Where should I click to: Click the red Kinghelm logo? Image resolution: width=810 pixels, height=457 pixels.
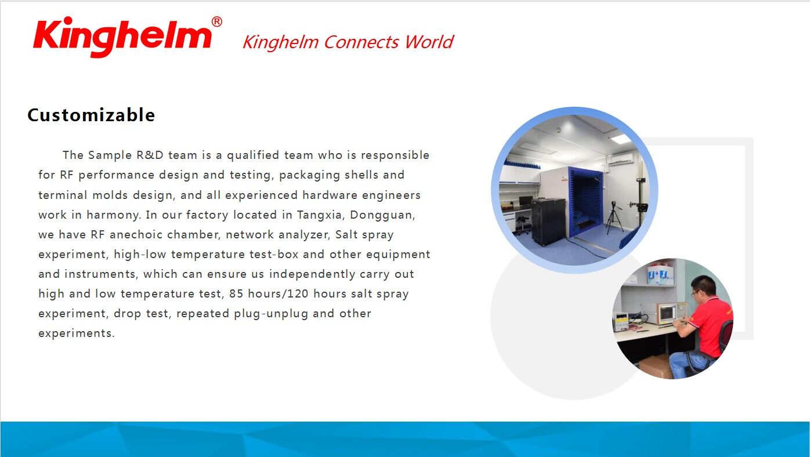click(123, 36)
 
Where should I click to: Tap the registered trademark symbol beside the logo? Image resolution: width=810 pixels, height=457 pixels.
click(216, 21)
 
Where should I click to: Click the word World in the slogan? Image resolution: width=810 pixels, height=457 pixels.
click(429, 42)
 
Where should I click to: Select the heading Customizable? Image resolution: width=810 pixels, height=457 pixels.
click(91, 115)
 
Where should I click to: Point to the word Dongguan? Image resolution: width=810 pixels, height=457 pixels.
click(382, 215)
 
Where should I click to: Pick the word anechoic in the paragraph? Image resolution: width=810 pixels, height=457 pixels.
click(136, 235)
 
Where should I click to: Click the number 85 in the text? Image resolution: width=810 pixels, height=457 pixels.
click(236, 293)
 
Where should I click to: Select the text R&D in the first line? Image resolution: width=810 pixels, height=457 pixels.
click(150, 155)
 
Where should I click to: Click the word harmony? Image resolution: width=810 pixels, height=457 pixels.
click(114, 215)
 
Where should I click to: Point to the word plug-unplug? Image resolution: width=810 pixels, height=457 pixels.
click(271, 314)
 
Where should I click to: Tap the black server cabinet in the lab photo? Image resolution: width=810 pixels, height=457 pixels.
click(548, 222)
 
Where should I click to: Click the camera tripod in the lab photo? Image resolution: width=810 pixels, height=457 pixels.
click(614, 217)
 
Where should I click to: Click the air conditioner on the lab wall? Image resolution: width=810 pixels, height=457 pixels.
click(620, 159)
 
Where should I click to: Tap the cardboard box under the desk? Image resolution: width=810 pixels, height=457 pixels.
click(656, 367)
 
